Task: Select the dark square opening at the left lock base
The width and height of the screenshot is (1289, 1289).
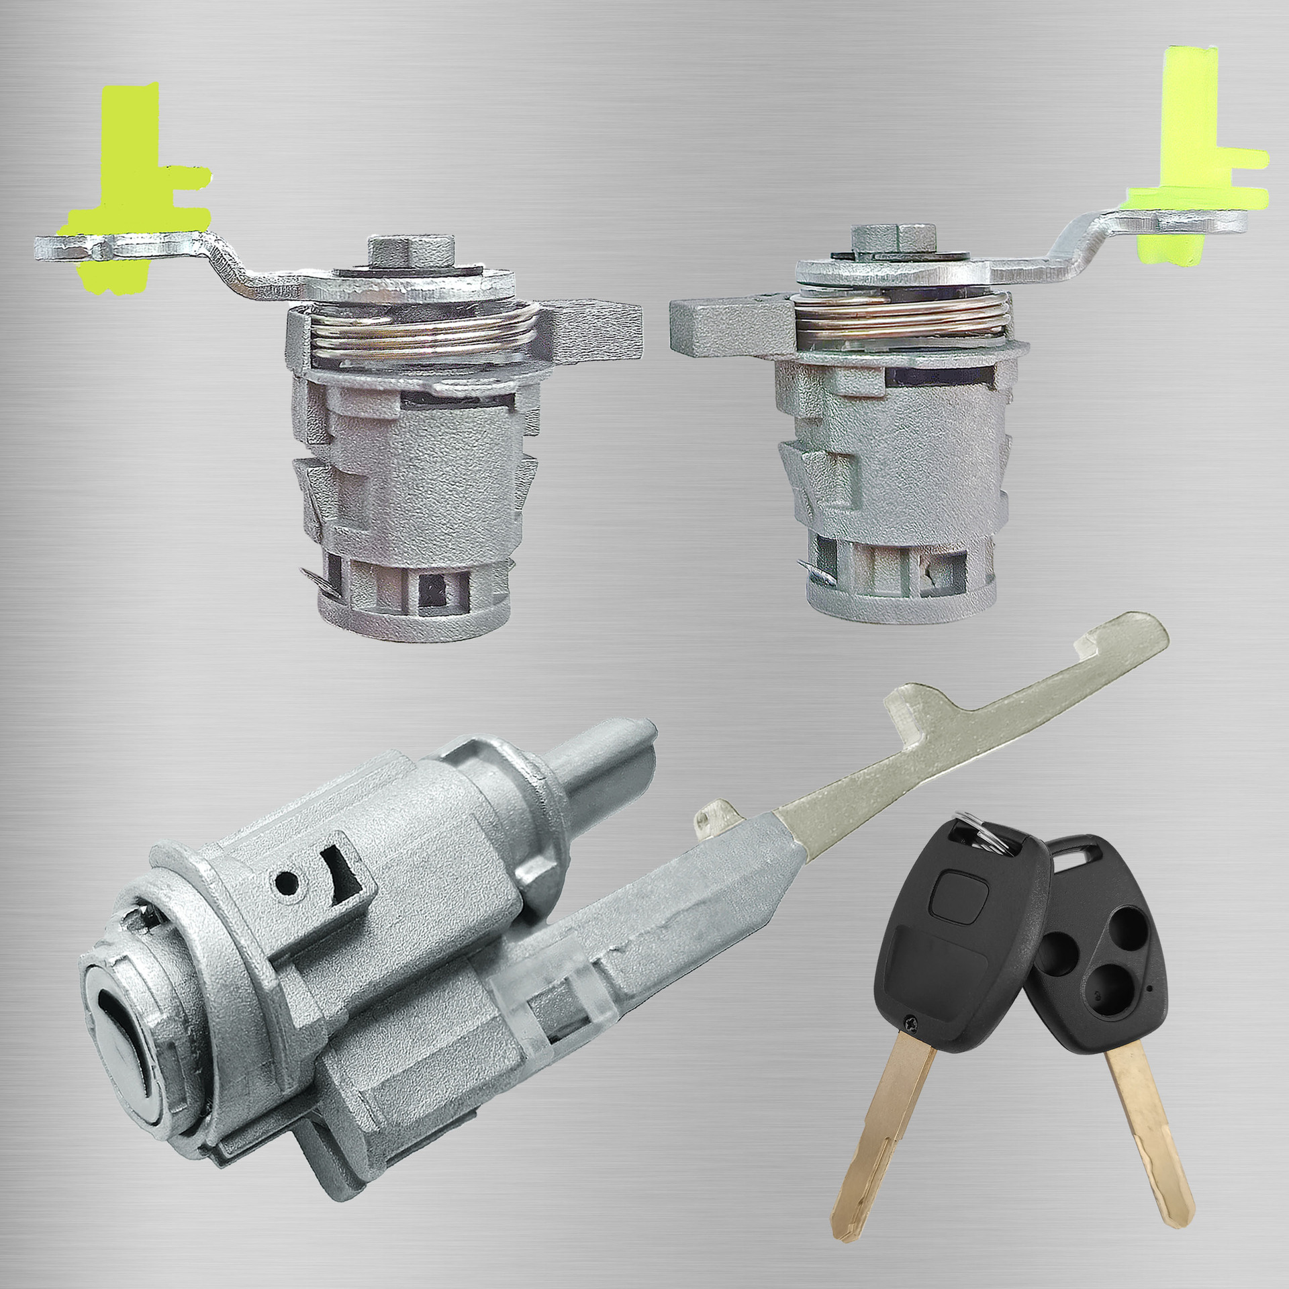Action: click(430, 591)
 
